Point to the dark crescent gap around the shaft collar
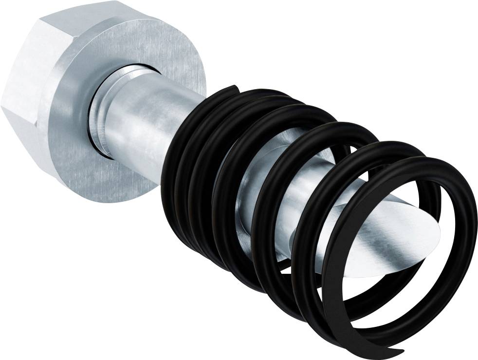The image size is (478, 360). tap(92, 117)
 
